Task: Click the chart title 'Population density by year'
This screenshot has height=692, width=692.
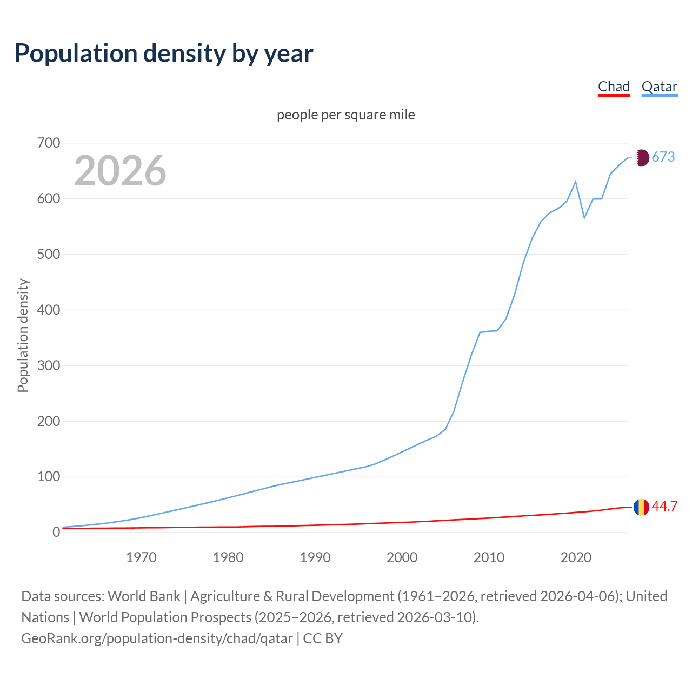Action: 164,54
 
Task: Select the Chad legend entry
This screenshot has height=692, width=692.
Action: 614,86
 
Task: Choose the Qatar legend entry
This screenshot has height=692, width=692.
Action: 659,86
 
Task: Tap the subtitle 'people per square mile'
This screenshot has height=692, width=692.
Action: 345,115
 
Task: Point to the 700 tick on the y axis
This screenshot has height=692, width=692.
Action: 49,143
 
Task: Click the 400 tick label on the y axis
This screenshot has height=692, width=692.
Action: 49,310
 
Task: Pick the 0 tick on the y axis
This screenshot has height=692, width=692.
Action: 56,533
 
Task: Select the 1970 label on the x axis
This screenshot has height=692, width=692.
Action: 141,557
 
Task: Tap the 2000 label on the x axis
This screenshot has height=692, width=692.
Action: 402,557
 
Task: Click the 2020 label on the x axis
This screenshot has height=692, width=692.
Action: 576,557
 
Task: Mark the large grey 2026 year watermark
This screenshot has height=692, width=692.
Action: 120,171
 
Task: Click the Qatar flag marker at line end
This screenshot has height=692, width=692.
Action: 641,157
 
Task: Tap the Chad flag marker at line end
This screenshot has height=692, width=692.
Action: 641,507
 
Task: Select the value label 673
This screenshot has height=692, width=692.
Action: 663,157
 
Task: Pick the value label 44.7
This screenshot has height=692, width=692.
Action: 664,507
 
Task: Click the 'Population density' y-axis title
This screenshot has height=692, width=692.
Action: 23,335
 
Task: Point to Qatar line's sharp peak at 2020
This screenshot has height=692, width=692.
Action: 576,182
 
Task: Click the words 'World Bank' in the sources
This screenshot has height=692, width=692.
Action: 144,596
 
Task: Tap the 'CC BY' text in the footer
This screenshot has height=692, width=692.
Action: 323,638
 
